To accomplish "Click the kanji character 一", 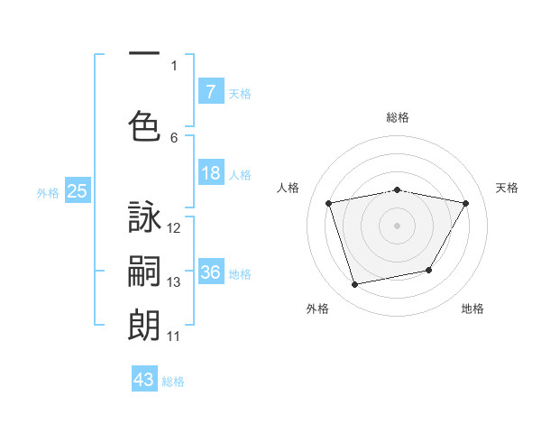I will coord(144,55).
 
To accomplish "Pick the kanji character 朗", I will coord(144,324).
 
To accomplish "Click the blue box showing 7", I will coord(210,92).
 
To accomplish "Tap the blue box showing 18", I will coord(210,174).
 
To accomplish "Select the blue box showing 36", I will coord(210,273).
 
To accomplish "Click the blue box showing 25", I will coord(77,191).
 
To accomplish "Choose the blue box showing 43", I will coord(144,380).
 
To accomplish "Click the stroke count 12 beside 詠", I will coord(174,227).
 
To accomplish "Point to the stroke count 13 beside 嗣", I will coord(174,282).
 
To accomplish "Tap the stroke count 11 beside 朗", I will coord(174,336).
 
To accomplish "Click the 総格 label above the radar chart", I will coord(398,117).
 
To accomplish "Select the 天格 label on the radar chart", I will coord(508,188).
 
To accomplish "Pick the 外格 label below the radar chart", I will coord(317,309).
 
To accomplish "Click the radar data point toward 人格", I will coord(329,203).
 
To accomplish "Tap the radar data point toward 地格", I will coord(429,270).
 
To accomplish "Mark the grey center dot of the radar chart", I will coord(398,225).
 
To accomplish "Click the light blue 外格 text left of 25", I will coord(47,192).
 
